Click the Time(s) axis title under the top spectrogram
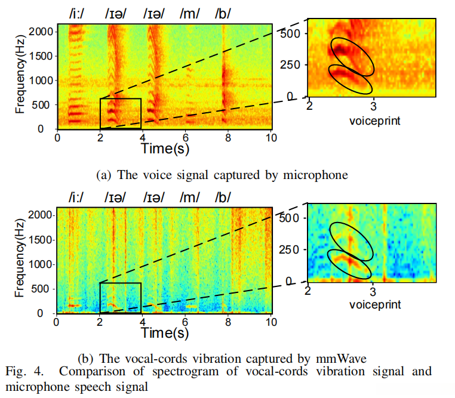(x=165, y=147)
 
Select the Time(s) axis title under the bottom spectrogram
(x=165, y=331)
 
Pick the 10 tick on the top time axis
(x=271, y=137)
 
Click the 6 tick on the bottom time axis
(x=186, y=321)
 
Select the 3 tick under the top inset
(x=374, y=106)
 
